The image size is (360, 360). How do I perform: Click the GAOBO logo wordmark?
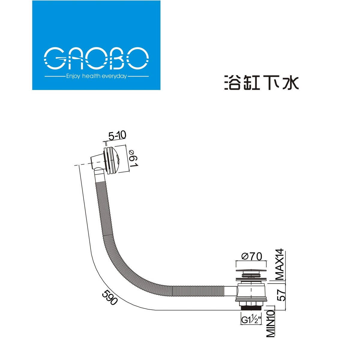tap(96, 58)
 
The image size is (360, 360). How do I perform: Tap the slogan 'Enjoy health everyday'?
tap(96, 76)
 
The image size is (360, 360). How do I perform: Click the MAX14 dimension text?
tap(280, 265)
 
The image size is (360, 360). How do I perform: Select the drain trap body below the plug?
tap(251, 291)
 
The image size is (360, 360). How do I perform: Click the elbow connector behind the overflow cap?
tap(97, 163)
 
